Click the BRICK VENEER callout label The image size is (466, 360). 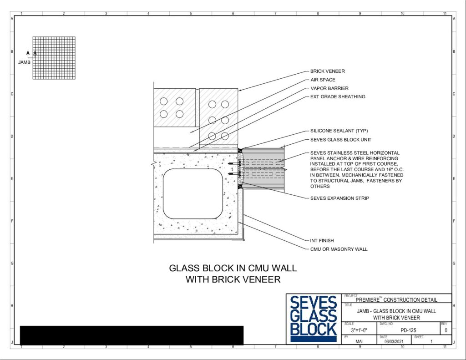pos(328,71)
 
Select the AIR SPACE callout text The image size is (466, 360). pos(323,80)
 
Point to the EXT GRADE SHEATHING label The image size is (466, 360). pos(338,96)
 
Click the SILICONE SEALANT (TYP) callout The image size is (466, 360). pos(339,131)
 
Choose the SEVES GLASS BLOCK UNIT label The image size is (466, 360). pos(340,140)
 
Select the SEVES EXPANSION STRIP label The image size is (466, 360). pos(339,198)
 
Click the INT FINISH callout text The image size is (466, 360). pos(322,240)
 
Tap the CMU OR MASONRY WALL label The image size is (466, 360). pos(339,249)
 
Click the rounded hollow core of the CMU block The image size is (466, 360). pos(193,194)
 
